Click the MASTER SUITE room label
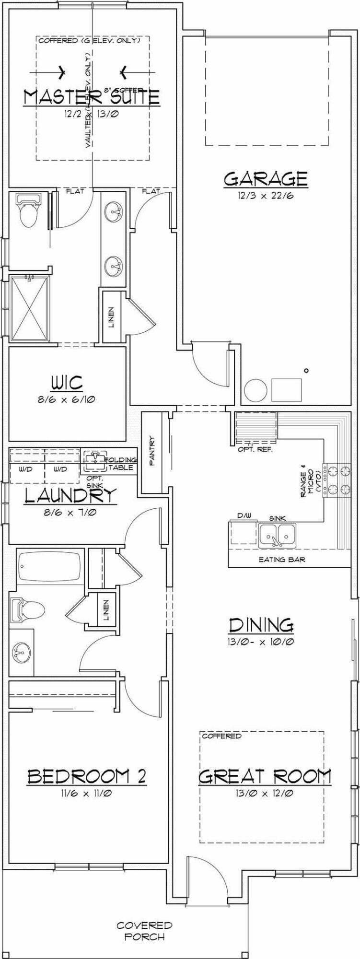[x=91, y=97]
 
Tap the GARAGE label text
[x=266, y=179]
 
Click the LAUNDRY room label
[x=70, y=496]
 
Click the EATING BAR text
[x=282, y=560]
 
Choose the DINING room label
[x=261, y=625]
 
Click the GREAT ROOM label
[x=265, y=776]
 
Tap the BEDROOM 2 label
[x=87, y=776]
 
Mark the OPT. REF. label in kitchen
[x=255, y=449]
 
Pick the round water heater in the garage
[x=255, y=390]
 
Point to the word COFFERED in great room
[x=221, y=736]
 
